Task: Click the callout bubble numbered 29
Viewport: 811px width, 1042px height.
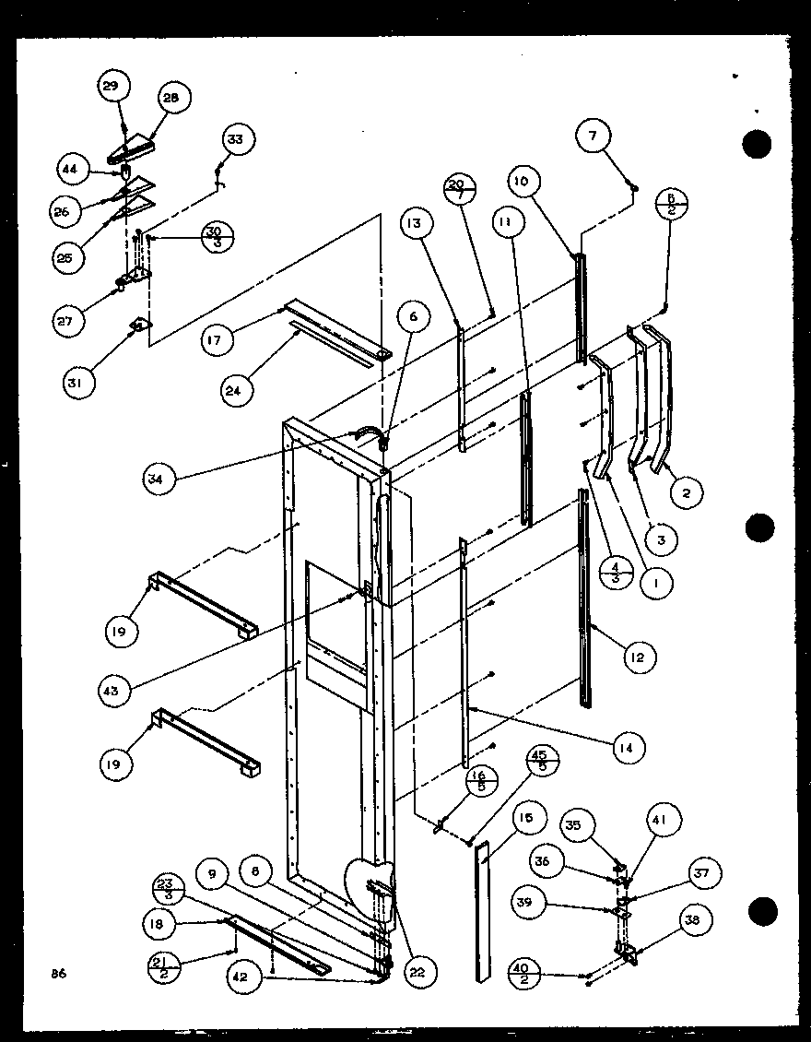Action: pyautogui.click(x=111, y=87)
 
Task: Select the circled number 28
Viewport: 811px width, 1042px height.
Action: pyautogui.click(x=172, y=98)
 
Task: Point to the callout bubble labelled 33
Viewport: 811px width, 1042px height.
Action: pyautogui.click(x=236, y=139)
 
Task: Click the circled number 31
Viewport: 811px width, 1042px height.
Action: pyautogui.click(x=79, y=383)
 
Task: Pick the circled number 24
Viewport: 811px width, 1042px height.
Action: pyautogui.click(x=237, y=390)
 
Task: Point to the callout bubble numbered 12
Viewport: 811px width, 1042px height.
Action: pyautogui.click(x=638, y=657)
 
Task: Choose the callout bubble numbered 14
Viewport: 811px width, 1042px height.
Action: pyautogui.click(x=631, y=746)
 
